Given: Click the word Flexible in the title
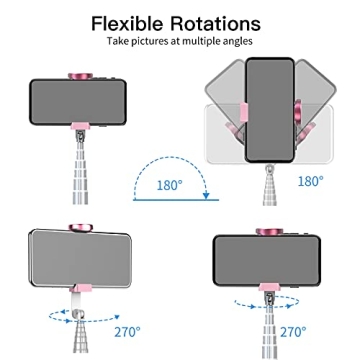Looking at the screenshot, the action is pyautogui.click(x=128, y=22).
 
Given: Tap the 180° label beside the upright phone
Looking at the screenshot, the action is pyautogui.click(x=311, y=180).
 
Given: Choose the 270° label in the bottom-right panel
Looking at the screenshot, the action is pyautogui.click(x=293, y=330).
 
